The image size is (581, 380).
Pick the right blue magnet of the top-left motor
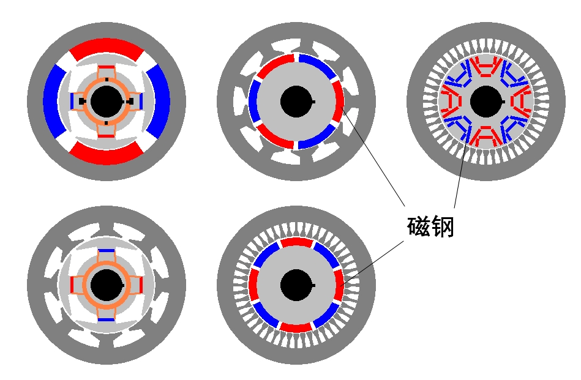pyautogui.click(x=159, y=102)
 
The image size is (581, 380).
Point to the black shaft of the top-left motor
pyautogui.click(x=106, y=102)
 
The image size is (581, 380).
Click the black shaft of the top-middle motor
pyautogui.click(x=296, y=102)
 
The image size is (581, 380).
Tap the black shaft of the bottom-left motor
pyautogui.click(x=106, y=286)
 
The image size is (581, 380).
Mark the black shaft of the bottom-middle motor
pyautogui.click(x=296, y=286)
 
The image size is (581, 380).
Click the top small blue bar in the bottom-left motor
pyautogui.click(x=107, y=251)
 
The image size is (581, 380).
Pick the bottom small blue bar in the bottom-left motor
pyautogui.click(x=107, y=319)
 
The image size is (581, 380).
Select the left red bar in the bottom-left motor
pyautogui.click(x=73, y=285)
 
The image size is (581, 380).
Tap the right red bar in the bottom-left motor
pyautogui.click(x=140, y=285)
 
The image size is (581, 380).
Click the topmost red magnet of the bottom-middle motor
pyautogui.click(x=296, y=243)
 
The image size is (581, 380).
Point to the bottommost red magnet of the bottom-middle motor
pyautogui.click(x=296, y=328)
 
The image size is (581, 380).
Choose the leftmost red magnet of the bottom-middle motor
pyautogui.click(x=253, y=286)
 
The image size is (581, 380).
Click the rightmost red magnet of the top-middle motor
pyautogui.click(x=339, y=102)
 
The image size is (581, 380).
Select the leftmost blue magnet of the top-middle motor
pyautogui.click(x=253, y=102)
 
